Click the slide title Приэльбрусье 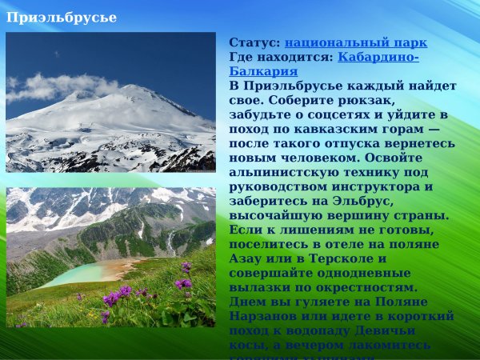click(x=62, y=17)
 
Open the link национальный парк click(x=356, y=42)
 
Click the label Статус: click(x=254, y=42)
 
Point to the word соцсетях click(x=329, y=114)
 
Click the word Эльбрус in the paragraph click(x=362, y=201)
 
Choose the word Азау click(x=246, y=258)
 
